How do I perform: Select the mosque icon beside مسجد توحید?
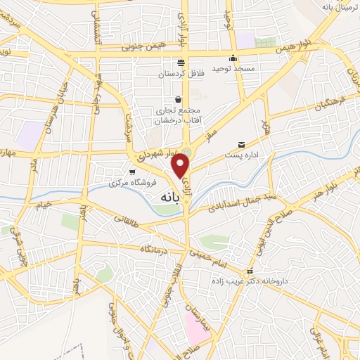pos(233,58)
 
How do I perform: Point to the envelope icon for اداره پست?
pos(242,143)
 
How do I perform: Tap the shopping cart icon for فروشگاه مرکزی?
pos(131,172)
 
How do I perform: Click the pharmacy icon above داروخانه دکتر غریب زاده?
pos(248,271)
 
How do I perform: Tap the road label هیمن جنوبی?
pos(121,49)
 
